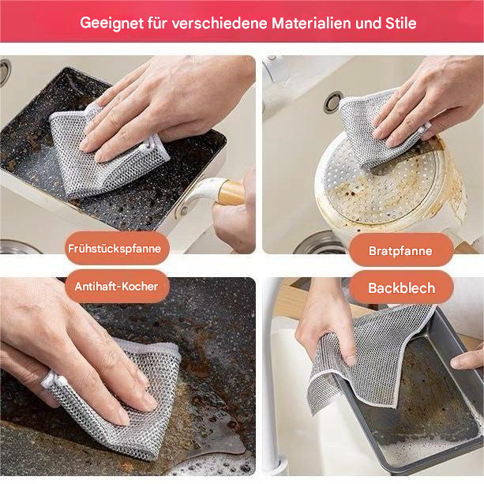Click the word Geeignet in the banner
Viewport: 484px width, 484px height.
110,22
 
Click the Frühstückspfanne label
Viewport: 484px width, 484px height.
114,248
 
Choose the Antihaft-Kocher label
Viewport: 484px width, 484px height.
116,287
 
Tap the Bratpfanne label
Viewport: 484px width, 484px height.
400,250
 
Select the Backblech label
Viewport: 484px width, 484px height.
401,288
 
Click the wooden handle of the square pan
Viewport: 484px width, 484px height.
229,192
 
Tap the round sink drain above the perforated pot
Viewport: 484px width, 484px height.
333,102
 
